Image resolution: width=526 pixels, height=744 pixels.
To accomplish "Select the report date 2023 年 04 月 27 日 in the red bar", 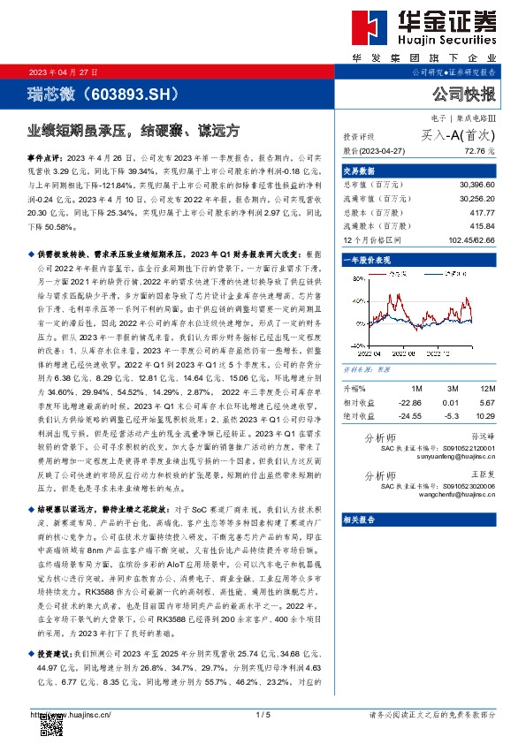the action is [64, 72].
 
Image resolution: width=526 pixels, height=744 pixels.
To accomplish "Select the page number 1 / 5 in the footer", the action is [262, 714].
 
